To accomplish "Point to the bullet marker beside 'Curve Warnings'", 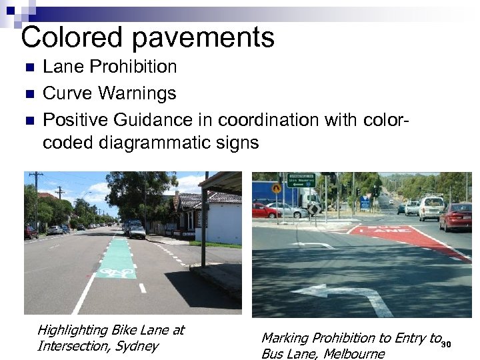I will tap(27, 94).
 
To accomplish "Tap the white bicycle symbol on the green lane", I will tap(115, 272).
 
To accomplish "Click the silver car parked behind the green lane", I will tap(137, 231).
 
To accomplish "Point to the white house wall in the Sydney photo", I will tap(224, 223).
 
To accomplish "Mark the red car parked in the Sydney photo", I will tap(29, 232).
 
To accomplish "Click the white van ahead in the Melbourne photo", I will tap(431, 207).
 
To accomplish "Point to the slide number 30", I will tap(446, 344).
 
